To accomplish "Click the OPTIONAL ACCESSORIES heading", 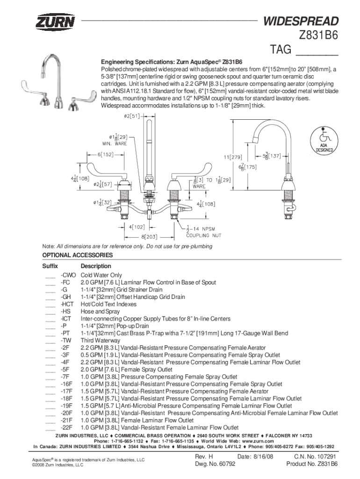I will pos(78,255).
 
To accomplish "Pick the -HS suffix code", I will pos(65,312).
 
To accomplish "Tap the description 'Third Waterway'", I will pos(101,341).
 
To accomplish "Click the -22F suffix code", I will pos(67,428).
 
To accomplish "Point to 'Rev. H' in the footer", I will pos(204,456).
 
